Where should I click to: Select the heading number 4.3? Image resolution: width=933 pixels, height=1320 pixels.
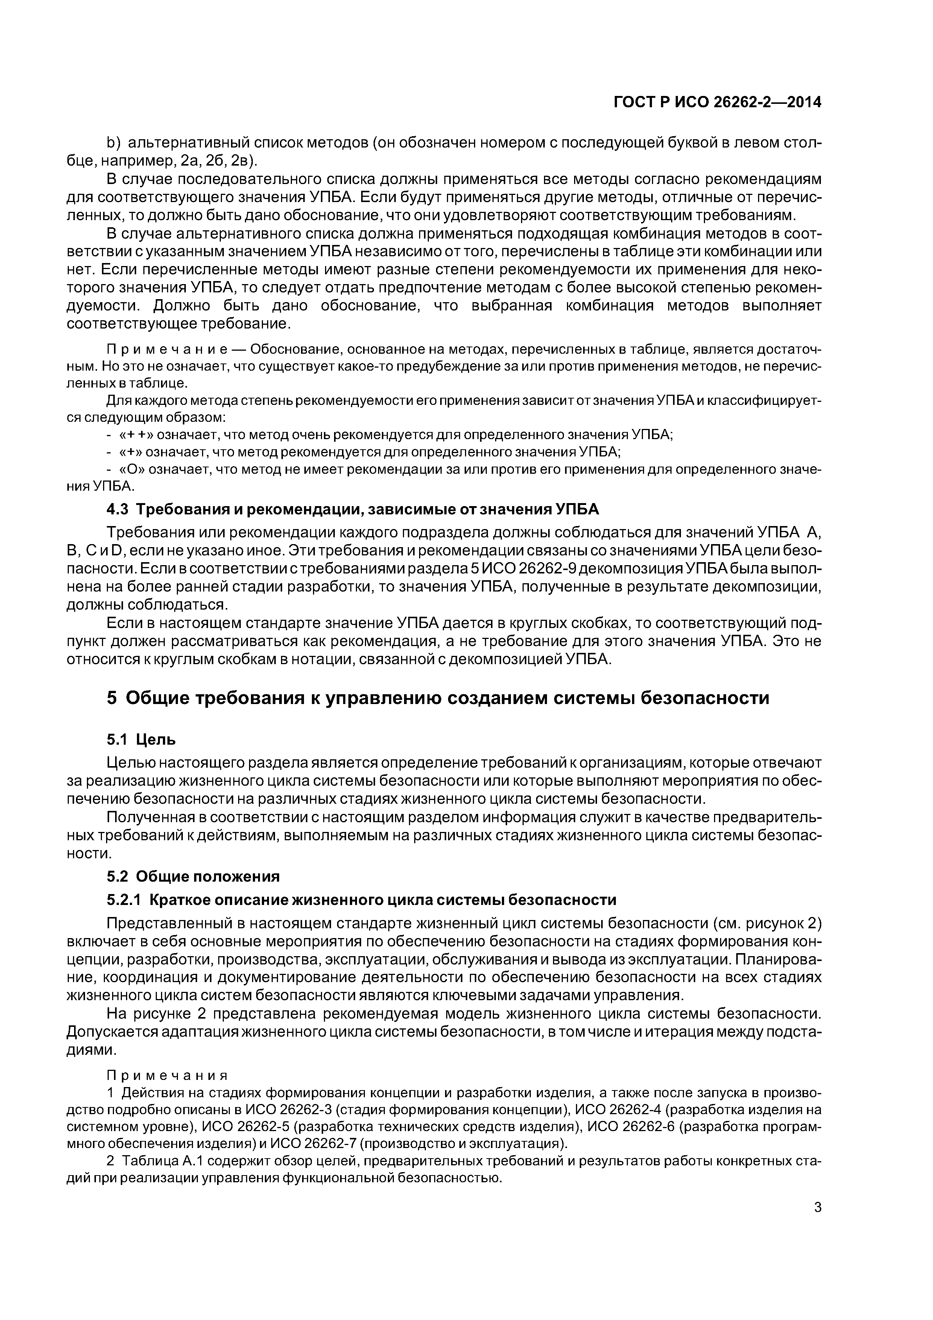pyautogui.click(x=118, y=509)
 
